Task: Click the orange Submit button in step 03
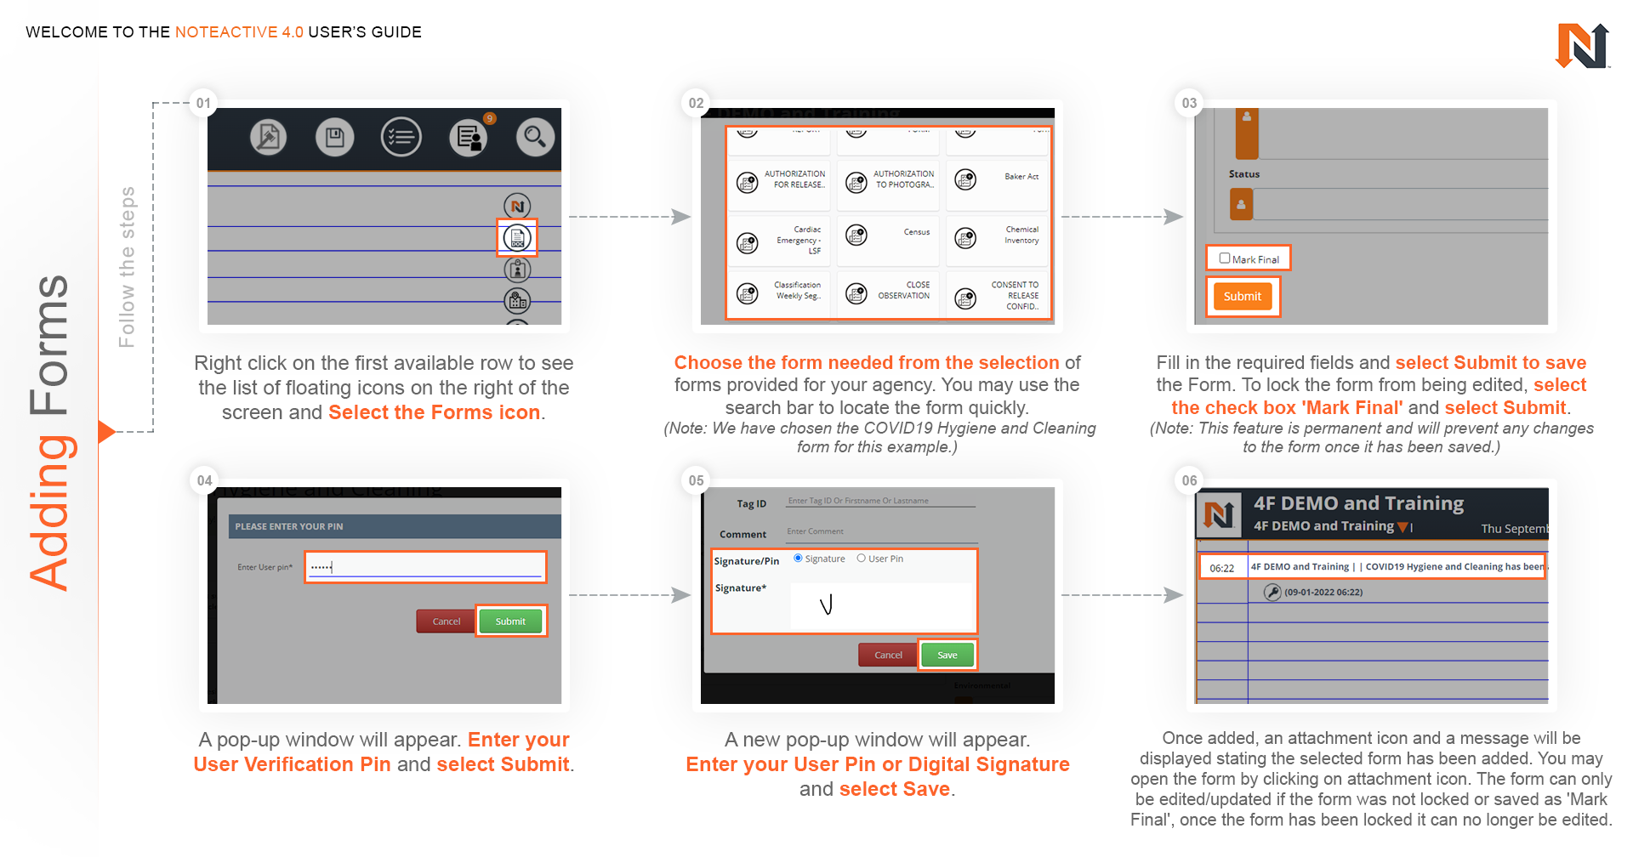(x=1242, y=297)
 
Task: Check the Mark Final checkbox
(x=1225, y=258)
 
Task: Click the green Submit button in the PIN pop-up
(x=510, y=621)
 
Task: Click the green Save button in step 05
(x=947, y=656)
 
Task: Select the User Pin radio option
(x=862, y=559)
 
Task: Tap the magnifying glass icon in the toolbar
(x=535, y=137)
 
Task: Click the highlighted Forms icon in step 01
(x=517, y=239)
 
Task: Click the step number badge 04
(x=204, y=480)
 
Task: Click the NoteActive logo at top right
(x=1581, y=46)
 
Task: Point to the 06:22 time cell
(x=1222, y=568)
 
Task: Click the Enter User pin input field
(x=425, y=567)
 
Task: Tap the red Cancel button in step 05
(x=888, y=656)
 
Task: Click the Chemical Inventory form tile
(x=999, y=236)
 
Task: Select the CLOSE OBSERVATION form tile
(x=889, y=292)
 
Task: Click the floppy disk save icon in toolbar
(x=335, y=137)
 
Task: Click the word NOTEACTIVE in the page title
(x=226, y=32)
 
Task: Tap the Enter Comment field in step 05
(x=880, y=532)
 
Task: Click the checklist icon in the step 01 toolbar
(x=401, y=137)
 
